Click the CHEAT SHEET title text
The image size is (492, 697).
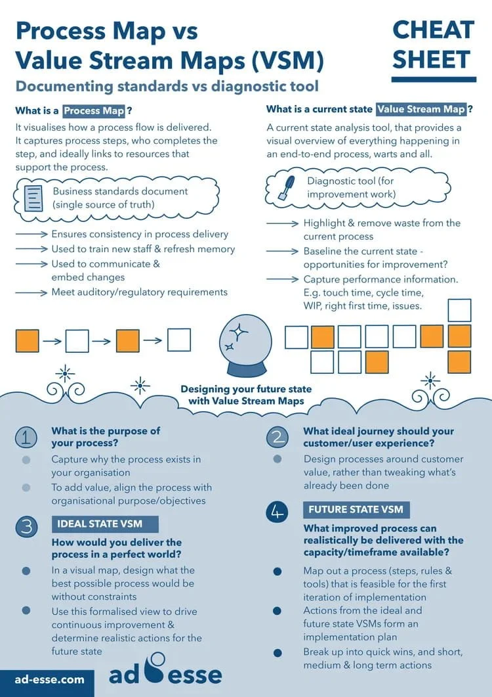[x=433, y=44]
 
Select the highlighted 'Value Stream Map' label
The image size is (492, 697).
[x=420, y=110]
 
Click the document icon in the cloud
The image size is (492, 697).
[x=33, y=198]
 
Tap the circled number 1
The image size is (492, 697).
[x=26, y=438]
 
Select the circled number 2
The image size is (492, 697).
[x=277, y=438]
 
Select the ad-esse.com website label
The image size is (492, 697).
[x=50, y=679]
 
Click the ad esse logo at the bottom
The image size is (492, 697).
[x=165, y=675]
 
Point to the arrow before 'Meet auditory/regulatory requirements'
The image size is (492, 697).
[x=31, y=292]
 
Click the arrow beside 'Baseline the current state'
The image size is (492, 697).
[x=283, y=252]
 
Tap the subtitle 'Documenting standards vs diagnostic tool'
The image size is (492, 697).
[x=167, y=86]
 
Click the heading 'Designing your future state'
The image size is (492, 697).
[x=246, y=389]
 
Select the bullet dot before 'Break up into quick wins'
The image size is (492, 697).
[x=277, y=653]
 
